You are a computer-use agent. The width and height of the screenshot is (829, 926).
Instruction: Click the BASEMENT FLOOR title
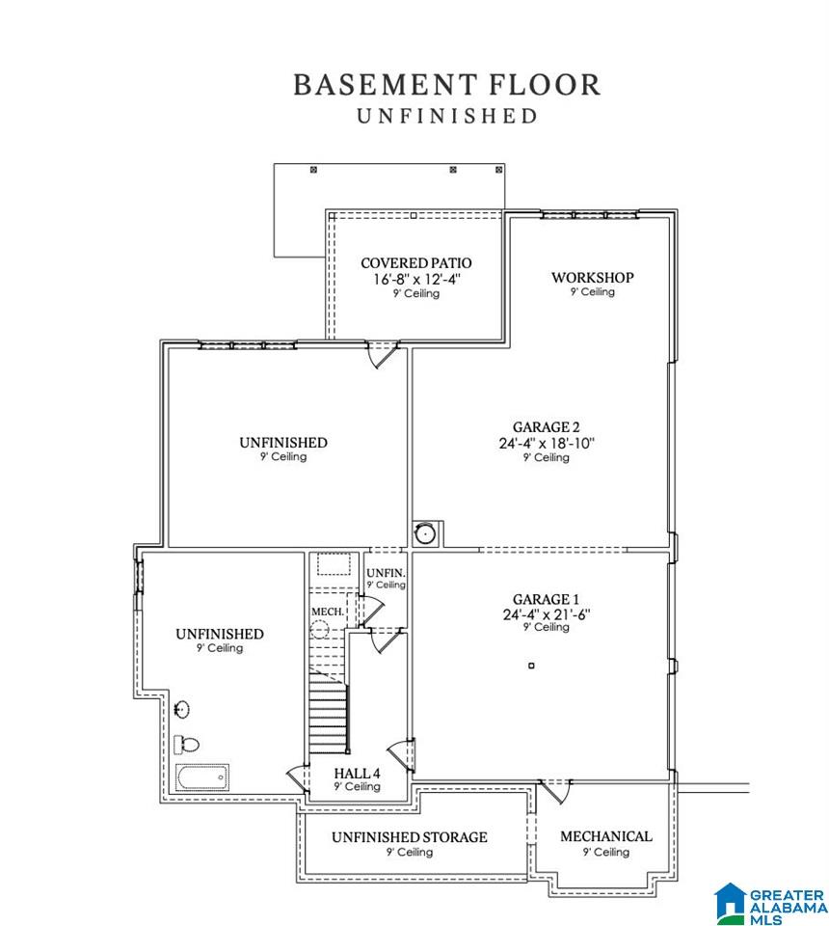(x=447, y=85)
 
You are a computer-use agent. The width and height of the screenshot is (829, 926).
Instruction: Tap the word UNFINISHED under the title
(x=447, y=116)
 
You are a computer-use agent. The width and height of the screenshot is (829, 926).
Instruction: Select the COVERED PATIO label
(x=416, y=262)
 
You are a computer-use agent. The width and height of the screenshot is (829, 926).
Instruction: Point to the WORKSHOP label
(x=593, y=277)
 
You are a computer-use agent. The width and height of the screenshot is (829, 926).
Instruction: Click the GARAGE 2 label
(x=546, y=427)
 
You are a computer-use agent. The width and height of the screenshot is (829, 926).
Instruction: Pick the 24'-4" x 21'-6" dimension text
(x=547, y=614)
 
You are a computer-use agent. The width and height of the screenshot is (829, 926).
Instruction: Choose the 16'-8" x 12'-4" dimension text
(x=416, y=279)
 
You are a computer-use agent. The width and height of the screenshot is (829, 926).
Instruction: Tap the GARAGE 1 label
(x=546, y=599)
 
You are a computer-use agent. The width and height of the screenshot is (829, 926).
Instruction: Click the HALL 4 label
(x=357, y=773)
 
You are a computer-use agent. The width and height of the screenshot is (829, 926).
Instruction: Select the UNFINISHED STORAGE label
(x=410, y=837)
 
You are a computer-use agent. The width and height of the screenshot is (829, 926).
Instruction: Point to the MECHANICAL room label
(x=606, y=836)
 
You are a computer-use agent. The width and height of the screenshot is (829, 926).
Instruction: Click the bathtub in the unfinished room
(x=201, y=777)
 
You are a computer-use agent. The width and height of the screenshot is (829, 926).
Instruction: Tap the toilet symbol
(x=186, y=744)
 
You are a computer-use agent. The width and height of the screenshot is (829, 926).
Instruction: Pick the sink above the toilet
(x=182, y=709)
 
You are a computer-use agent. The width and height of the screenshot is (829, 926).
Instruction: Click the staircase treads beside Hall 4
(x=328, y=717)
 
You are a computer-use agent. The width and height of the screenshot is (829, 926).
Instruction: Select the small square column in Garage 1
(x=531, y=666)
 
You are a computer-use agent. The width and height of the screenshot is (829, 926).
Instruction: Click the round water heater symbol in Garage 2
(x=424, y=533)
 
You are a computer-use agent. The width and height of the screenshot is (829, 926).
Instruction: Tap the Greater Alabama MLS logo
(x=769, y=904)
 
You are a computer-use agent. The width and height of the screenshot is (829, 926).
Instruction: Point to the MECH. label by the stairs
(x=328, y=612)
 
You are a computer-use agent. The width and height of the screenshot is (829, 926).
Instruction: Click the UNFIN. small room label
(x=386, y=573)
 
